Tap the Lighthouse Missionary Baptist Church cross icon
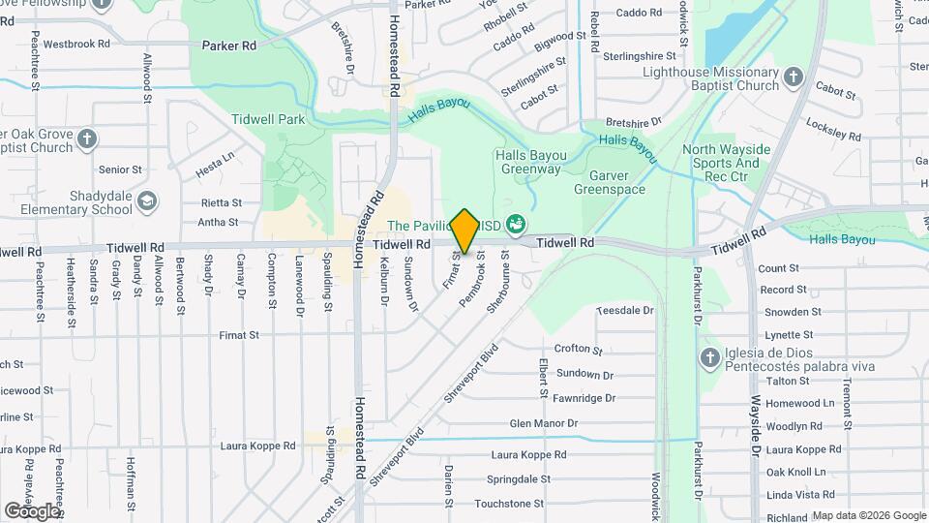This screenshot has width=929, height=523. [x=794, y=77]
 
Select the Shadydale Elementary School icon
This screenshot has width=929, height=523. [x=147, y=201]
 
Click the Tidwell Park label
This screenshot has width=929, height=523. [x=268, y=119]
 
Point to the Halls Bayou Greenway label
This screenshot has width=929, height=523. [x=528, y=162]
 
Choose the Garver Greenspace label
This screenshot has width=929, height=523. [x=609, y=182]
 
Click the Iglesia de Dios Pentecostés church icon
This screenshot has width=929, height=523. [x=708, y=358]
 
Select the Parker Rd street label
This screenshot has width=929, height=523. [x=229, y=46]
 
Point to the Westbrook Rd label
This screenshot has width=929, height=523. [x=81, y=44]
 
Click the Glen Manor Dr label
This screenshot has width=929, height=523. [x=543, y=423]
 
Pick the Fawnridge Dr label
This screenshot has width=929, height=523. [x=584, y=398]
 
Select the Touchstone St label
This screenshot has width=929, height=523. [x=509, y=504]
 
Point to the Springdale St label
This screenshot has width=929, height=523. [x=519, y=479]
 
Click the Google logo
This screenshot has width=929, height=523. [x=32, y=510]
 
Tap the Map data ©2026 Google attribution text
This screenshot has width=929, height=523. [x=868, y=515]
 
